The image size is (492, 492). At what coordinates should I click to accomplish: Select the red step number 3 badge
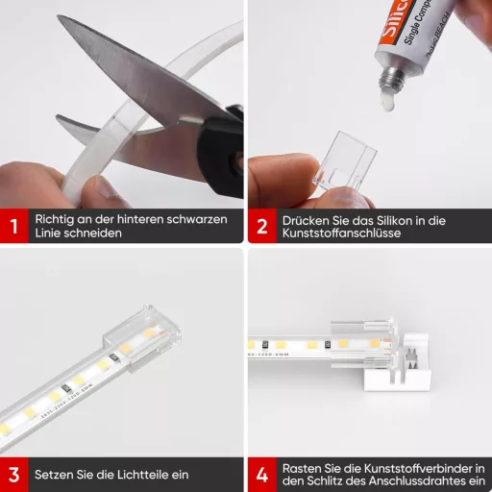pos(14,475)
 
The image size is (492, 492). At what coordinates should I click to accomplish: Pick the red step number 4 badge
pos(261,475)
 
